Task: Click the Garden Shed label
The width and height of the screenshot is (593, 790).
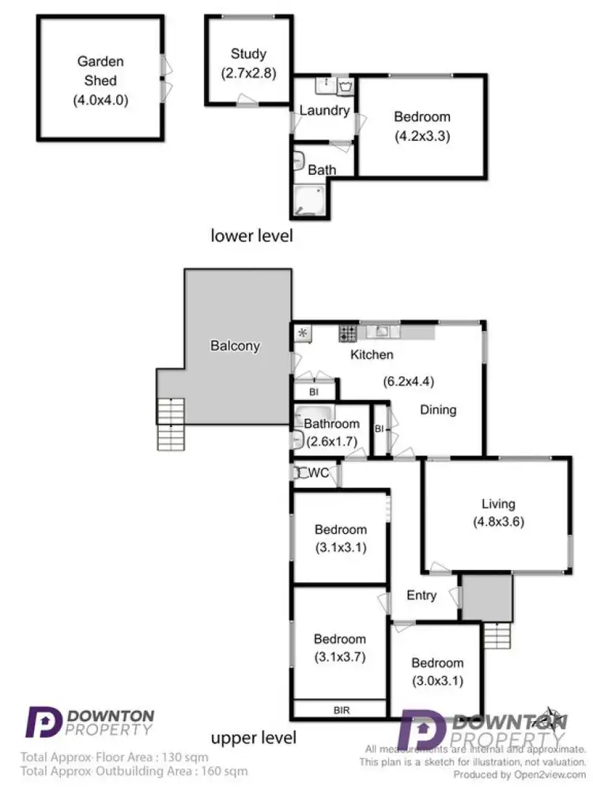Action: (x=100, y=70)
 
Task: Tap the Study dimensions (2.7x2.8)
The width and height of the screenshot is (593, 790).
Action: (x=248, y=74)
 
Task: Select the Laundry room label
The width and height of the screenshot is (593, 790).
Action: (x=324, y=110)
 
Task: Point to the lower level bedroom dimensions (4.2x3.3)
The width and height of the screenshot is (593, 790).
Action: (x=422, y=134)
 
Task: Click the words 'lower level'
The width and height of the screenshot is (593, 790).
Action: (x=251, y=235)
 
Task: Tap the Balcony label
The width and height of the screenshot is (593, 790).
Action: (x=235, y=346)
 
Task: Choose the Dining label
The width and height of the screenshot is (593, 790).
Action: (x=438, y=410)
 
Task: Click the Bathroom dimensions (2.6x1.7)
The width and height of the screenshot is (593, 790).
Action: (x=331, y=440)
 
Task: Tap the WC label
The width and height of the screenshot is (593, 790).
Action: (x=319, y=473)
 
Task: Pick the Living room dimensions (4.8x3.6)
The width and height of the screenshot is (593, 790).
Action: (x=499, y=521)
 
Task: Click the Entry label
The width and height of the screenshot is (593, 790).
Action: (x=421, y=595)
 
